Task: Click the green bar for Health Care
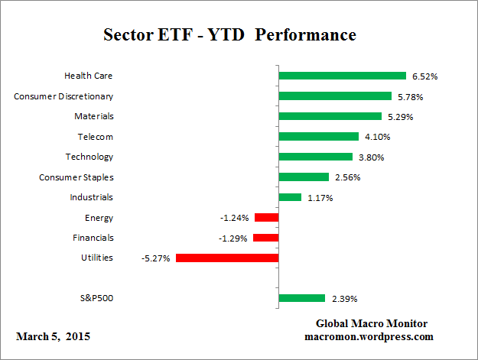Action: [342, 76]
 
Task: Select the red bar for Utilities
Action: [226, 258]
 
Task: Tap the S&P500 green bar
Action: [302, 298]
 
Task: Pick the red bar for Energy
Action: [266, 218]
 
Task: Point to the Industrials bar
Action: [290, 197]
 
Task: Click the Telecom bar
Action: [318, 137]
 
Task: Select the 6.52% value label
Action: [424, 76]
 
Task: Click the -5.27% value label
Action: [156, 258]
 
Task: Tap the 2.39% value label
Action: [343, 299]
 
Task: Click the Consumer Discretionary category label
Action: [64, 96]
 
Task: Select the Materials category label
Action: [94, 116]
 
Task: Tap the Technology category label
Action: [89, 157]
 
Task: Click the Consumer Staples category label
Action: [76, 177]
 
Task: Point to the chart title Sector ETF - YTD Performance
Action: [229, 36]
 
